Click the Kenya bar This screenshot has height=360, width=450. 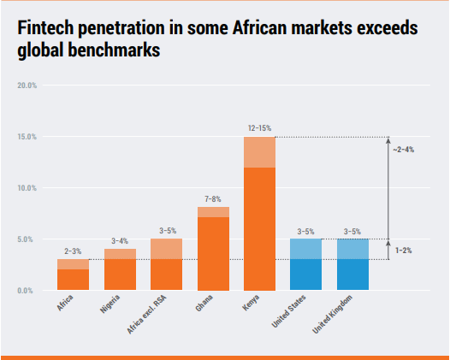tap(260, 214)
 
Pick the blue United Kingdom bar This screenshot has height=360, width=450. tap(353, 265)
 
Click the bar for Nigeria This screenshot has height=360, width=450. tap(120, 270)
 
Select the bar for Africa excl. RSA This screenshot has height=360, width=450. tap(166, 265)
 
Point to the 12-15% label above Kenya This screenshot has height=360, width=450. tap(260, 127)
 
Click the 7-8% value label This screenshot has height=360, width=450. tap(213, 198)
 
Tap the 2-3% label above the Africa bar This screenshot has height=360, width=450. tap(73, 251)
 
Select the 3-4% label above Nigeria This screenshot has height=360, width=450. tap(120, 240)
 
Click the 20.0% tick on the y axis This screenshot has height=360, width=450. tap(26, 86)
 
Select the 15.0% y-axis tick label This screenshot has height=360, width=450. tap(26, 137)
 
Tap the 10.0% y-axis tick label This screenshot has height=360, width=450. tap(26, 188)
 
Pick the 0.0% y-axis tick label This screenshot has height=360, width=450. tap(26, 291)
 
